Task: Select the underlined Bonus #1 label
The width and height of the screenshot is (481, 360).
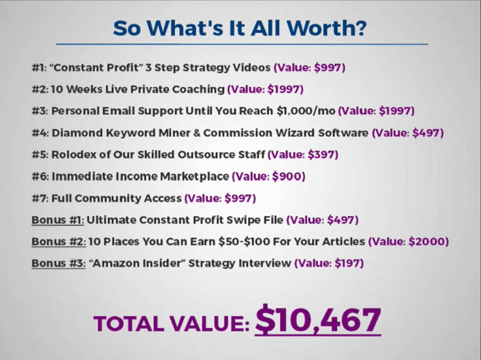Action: point(57,220)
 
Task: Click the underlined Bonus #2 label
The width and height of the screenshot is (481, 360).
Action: point(59,242)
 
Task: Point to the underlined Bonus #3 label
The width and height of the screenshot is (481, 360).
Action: point(58,263)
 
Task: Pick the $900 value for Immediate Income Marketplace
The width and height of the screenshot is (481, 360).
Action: point(287,177)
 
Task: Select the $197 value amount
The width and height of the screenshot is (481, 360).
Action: point(347,263)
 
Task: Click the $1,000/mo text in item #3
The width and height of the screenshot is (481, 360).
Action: point(306,111)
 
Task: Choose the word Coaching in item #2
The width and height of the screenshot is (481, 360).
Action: point(198,89)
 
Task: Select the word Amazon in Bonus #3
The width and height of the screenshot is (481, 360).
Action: point(113,263)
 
